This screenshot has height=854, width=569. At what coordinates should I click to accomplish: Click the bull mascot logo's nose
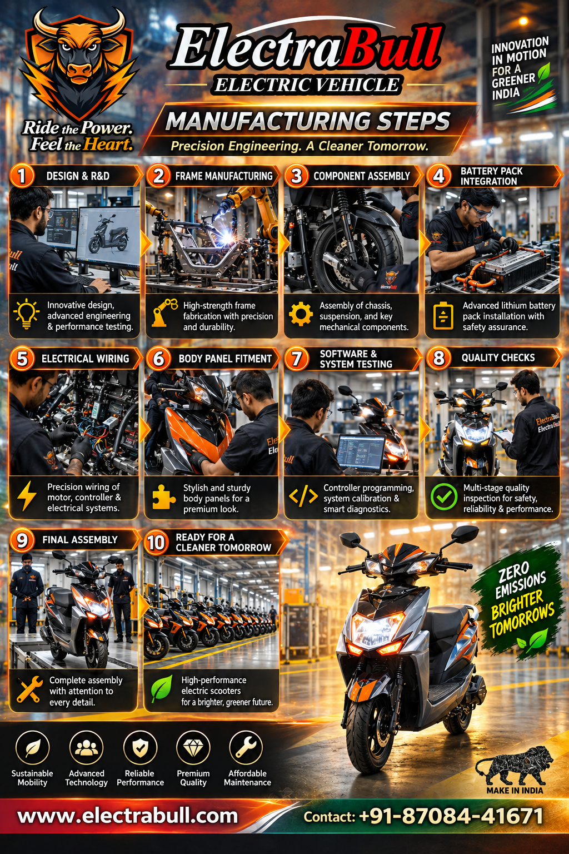[79, 71]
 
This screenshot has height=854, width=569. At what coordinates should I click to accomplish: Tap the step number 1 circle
[22, 176]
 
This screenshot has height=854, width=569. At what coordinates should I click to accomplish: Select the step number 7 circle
[296, 359]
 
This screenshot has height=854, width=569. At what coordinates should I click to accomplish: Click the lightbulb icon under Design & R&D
[26, 314]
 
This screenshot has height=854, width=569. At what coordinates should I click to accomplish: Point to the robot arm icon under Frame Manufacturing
[164, 312]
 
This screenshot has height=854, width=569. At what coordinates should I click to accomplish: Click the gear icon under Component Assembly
[301, 314]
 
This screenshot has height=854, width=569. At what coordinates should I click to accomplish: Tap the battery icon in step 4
[443, 316]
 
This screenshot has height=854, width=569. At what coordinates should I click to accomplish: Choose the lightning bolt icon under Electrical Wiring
[27, 495]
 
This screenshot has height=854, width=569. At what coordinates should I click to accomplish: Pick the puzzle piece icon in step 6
[164, 496]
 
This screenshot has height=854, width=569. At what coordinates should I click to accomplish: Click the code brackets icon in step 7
[303, 496]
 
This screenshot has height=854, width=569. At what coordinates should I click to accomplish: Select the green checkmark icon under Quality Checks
[443, 496]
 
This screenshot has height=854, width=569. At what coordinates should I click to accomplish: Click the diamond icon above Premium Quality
[193, 748]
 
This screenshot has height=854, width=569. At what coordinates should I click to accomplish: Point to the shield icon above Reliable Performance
[140, 747]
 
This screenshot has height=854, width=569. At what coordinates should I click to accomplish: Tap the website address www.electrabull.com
[128, 816]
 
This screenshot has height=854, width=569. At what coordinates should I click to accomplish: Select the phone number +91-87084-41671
[451, 816]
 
